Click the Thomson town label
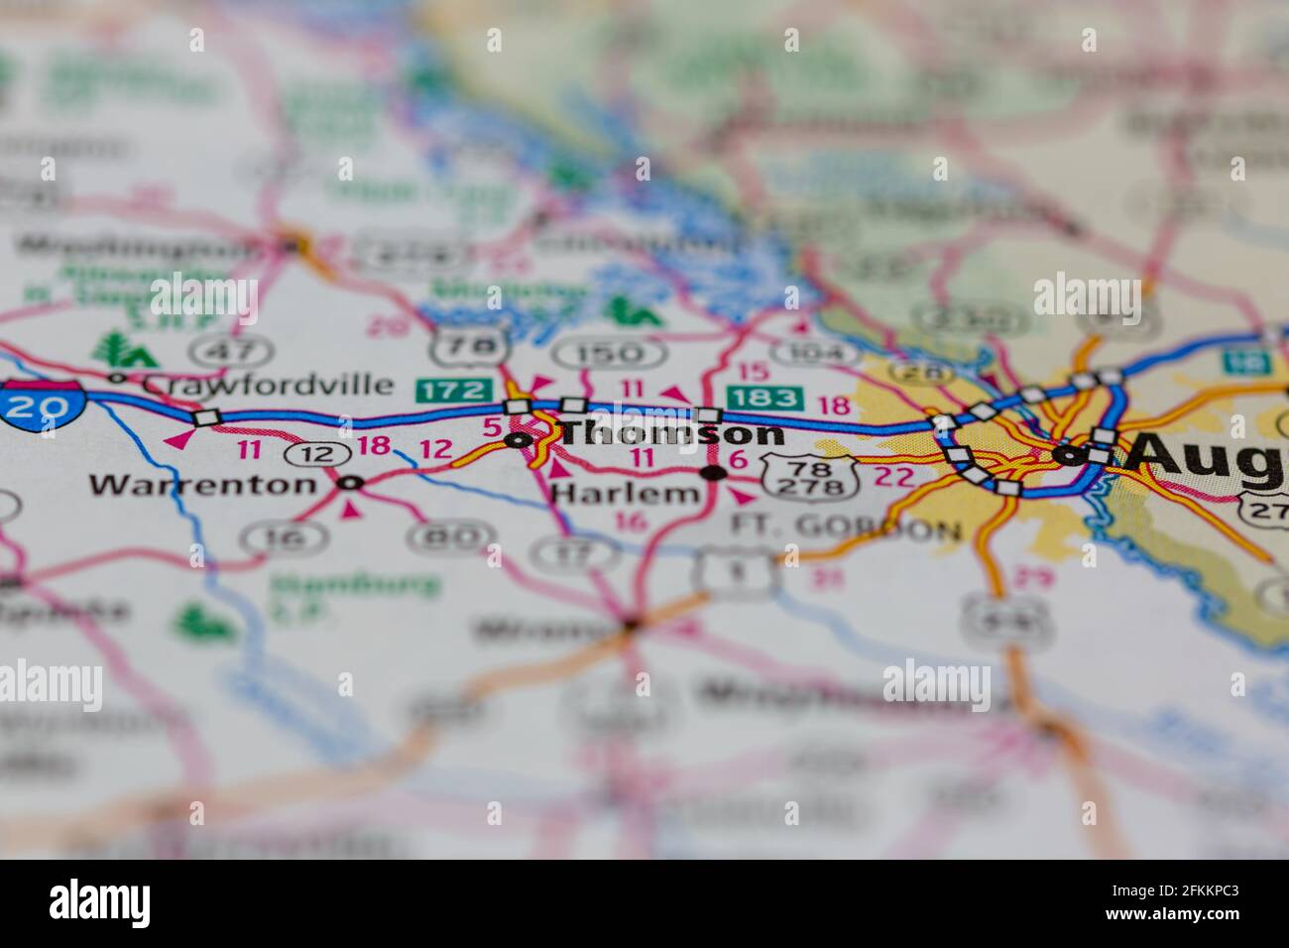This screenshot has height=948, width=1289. (672, 433)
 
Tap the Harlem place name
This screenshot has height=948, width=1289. (625, 493)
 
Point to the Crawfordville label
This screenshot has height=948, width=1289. (268, 383)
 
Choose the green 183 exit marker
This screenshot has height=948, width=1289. (763, 398)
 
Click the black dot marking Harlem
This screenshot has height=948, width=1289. (713, 473)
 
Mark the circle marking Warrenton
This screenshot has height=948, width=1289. (350, 483)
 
